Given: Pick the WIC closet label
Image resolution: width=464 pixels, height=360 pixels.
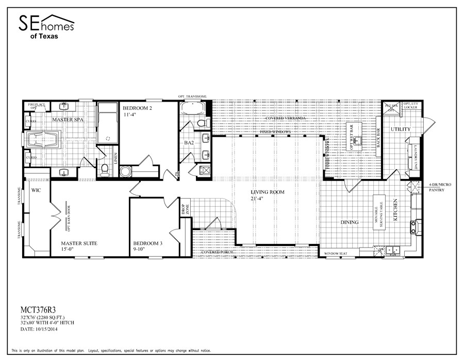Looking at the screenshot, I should pos(36,190).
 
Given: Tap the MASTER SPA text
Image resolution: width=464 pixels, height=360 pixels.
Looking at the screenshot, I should pos(68,120).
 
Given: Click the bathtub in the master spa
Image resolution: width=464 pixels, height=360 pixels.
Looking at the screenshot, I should pos(43,140).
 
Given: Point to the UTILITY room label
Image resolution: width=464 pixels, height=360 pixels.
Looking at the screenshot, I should pos(400,129).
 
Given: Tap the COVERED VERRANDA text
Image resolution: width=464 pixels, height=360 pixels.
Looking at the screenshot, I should pos(286,119).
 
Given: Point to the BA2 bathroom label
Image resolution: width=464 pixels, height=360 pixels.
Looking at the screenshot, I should pos(188,142).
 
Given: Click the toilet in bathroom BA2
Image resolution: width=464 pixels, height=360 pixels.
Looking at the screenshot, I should pos(203,123).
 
